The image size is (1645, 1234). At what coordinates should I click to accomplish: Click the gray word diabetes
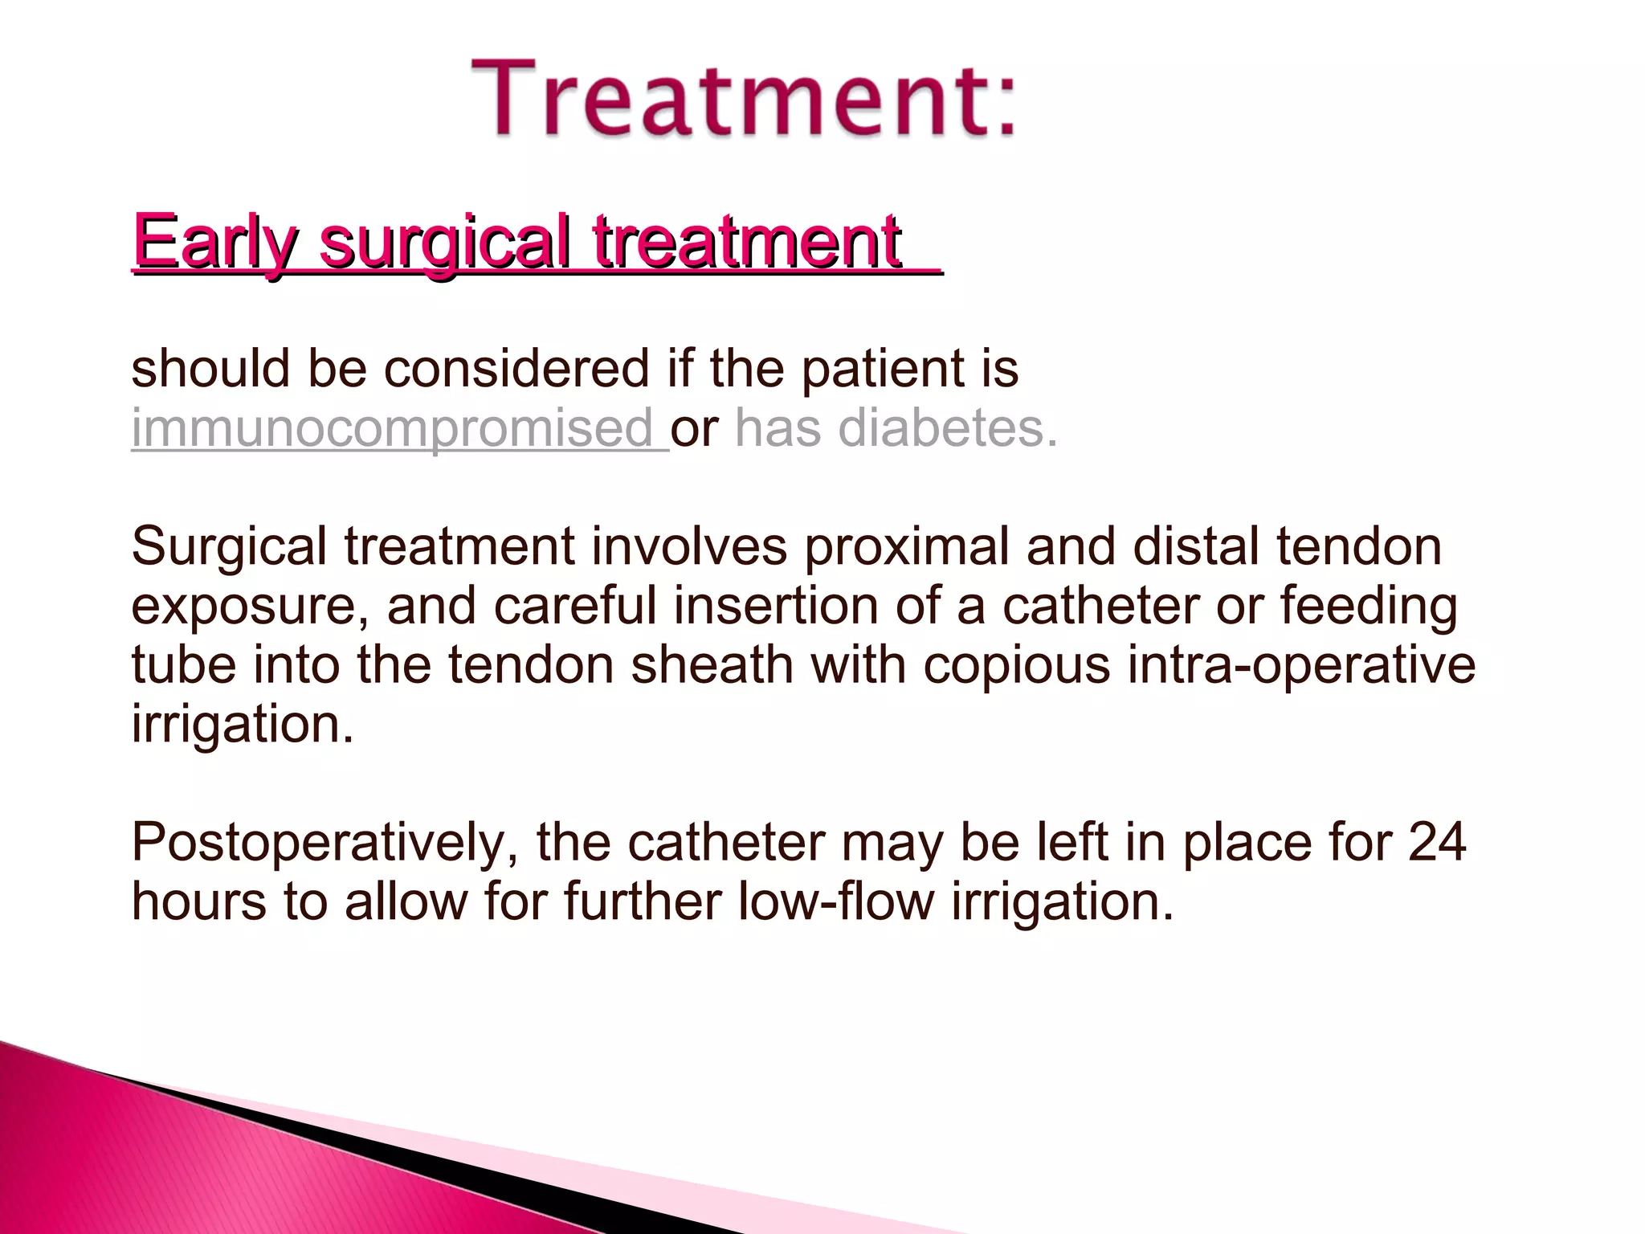pyautogui.click(x=943, y=428)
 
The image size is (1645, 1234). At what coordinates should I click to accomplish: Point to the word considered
pyautogui.click(x=516, y=370)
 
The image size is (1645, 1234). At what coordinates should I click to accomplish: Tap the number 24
pyautogui.click(x=1437, y=844)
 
